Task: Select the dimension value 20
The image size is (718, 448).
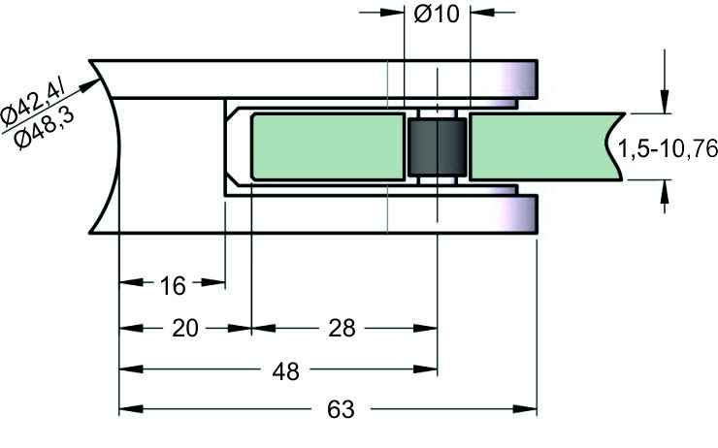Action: [184, 328]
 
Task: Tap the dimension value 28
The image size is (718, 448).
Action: [342, 328]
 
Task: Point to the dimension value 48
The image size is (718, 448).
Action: [286, 370]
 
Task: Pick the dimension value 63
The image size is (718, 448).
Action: [340, 409]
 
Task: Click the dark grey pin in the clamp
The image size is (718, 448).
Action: [437, 147]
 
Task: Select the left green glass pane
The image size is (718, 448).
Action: [327, 146]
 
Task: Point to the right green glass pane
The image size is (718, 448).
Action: [543, 146]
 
